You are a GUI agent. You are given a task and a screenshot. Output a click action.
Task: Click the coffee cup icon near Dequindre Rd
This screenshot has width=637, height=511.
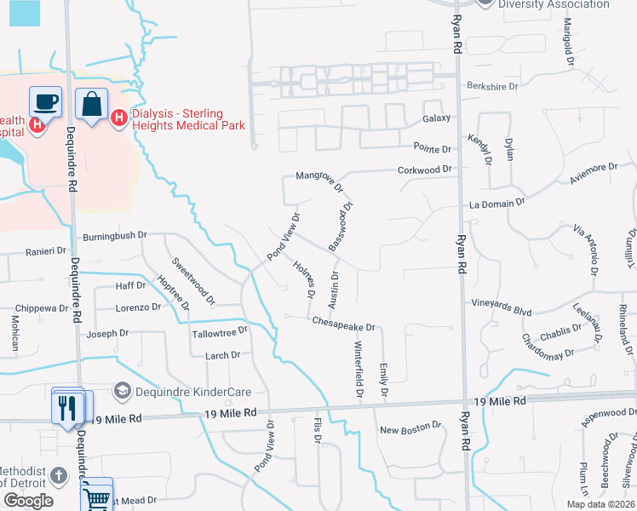45,103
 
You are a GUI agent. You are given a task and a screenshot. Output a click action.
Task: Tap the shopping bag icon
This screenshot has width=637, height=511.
91,105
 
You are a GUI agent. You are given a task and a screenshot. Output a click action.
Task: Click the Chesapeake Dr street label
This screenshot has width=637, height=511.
344,323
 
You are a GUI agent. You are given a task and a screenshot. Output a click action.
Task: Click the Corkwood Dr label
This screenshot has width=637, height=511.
424,170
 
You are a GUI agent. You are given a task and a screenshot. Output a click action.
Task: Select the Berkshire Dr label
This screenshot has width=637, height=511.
493,86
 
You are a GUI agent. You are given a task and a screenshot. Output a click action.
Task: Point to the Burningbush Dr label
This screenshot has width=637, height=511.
115,235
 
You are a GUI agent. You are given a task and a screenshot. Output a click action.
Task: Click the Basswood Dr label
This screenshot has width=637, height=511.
341,225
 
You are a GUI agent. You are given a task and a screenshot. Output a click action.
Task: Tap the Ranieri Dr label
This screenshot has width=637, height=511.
46,251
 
